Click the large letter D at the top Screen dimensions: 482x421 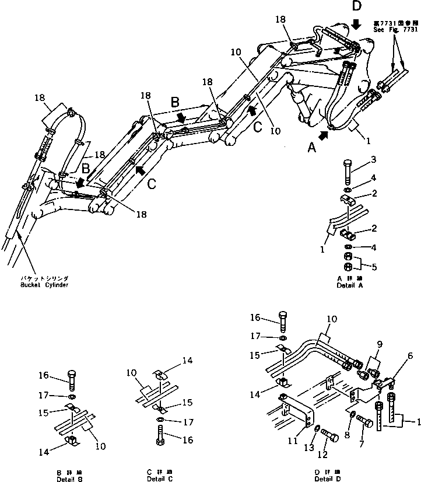(x=357, y=8)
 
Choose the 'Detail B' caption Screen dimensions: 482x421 (x=69, y=478)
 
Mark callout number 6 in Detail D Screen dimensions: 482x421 (x=411, y=355)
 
